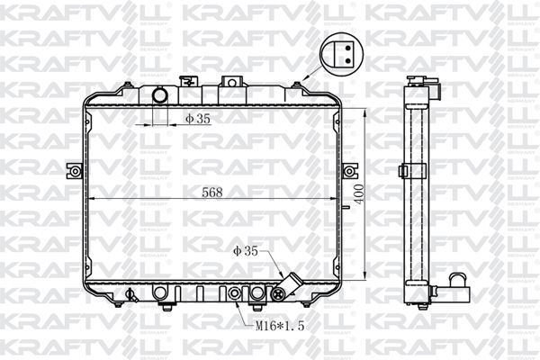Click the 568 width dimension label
click(x=212, y=193)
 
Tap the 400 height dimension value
click(x=359, y=194)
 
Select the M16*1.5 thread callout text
click(x=280, y=326)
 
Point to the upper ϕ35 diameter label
click(x=198, y=119)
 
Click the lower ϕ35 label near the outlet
click(x=246, y=251)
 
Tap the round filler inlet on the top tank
click(x=160, y=95)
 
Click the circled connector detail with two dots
click(x=341, y=54)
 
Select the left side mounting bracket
click(x=74, y=171)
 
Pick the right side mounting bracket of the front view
click(x=350, y=171)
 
